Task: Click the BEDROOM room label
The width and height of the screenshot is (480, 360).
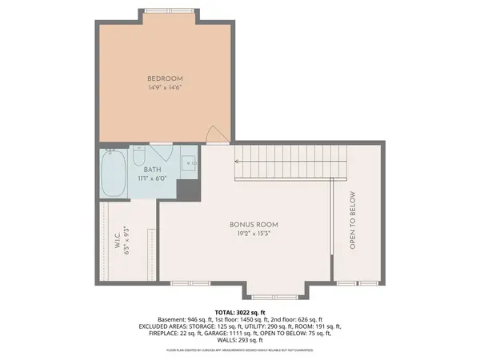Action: tap(166, 78)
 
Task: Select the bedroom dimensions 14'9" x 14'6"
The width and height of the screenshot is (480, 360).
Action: tap(166, 88)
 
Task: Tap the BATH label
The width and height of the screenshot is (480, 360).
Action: tap(152, 170)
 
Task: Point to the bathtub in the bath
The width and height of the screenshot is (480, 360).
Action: tap(112, 174)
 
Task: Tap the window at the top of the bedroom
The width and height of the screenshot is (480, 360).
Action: tap(167, 10)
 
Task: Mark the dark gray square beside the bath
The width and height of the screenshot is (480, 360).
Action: tap(186, 190)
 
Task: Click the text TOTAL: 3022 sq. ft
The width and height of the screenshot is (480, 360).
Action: tap(239, 312)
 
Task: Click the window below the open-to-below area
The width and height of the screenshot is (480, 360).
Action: tap(347, 283)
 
